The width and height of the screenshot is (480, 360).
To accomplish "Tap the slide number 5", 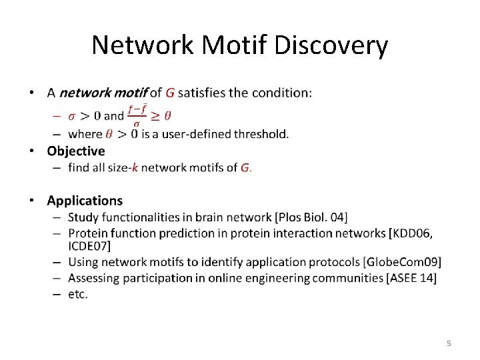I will click(449, 343).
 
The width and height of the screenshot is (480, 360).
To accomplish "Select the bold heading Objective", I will click(76, 151).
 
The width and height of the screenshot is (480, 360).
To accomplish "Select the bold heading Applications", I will click(85, 201).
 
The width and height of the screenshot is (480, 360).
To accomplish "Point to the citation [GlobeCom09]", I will click(402, 262).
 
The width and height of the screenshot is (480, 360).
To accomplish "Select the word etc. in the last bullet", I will click(78, 294).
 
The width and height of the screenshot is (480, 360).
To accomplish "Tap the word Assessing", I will click(93, 278).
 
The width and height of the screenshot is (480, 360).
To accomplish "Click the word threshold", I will click(261, 134).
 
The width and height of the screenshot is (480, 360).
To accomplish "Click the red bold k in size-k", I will click(135, 167).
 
